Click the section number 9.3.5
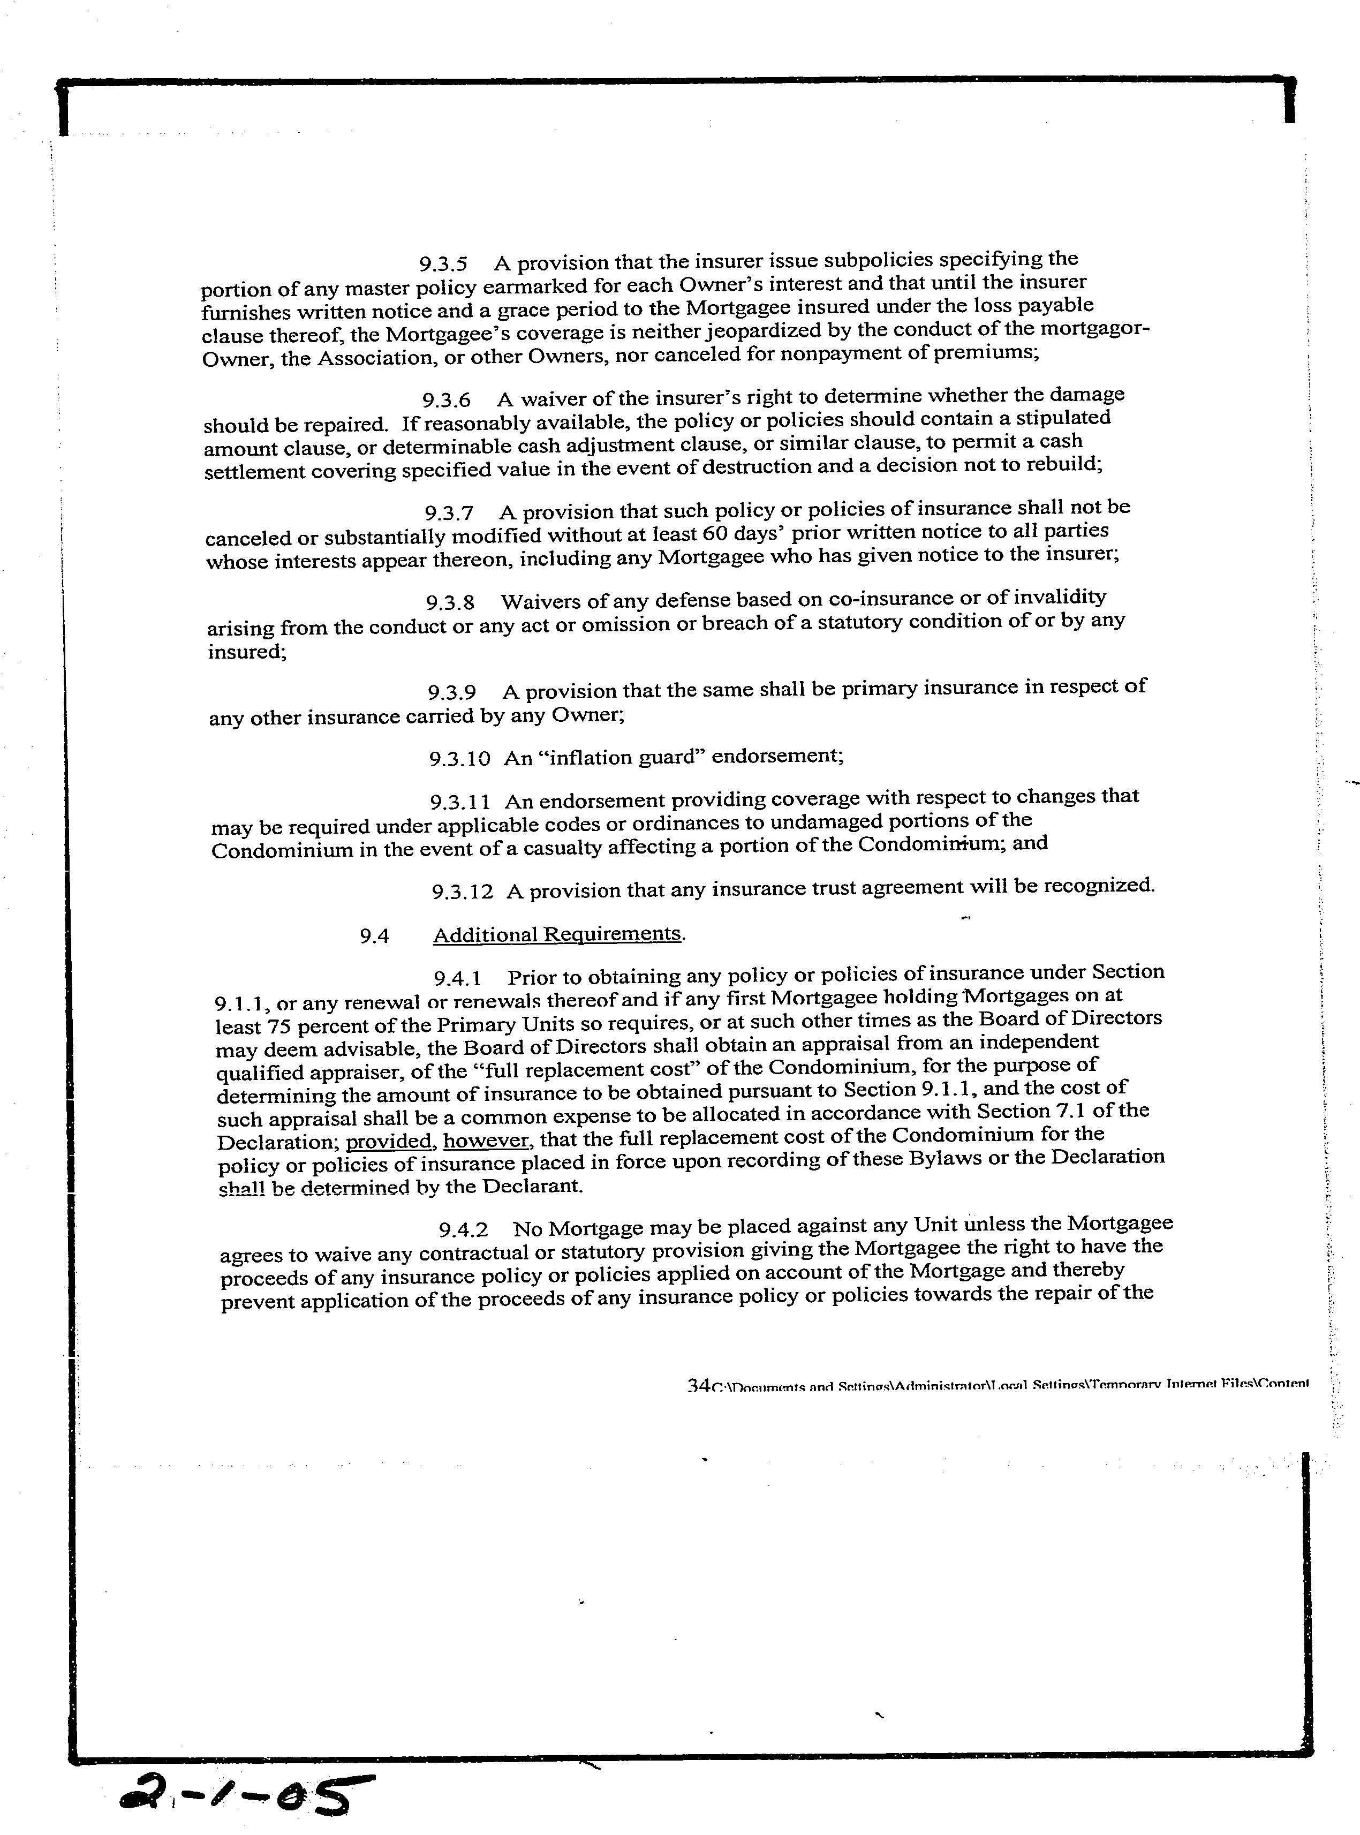coord(444,265)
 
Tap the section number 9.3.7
coord(449,513)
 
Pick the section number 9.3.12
coord(463,892)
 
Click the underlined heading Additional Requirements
coord(557,934)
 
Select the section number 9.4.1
coord(458,979)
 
